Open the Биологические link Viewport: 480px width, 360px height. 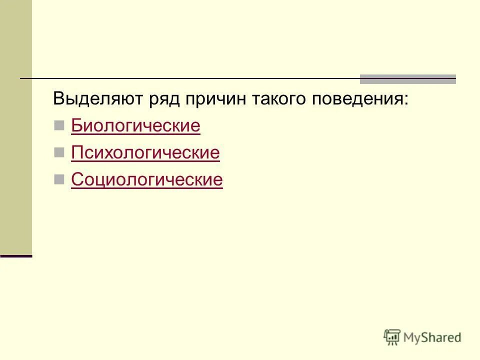coord(135,126)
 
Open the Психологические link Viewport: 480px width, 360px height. coord(145,153)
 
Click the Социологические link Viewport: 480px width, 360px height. coord(147,180)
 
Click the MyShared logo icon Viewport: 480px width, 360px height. coord(392,337)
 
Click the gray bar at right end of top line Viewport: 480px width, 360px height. coord(408,79)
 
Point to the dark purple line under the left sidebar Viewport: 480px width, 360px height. coord(16,256)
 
